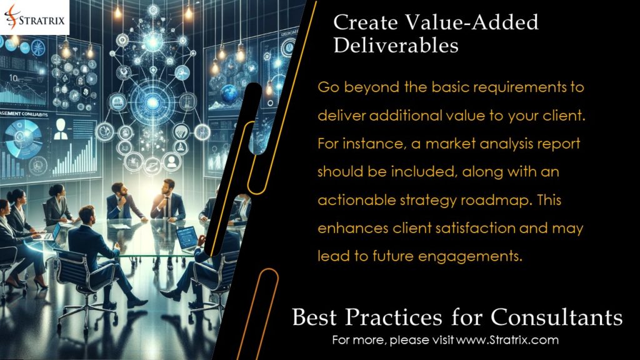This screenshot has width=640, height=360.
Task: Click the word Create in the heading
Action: (x=363, y=22)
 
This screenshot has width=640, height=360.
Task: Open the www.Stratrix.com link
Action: (x=507, y=341)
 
